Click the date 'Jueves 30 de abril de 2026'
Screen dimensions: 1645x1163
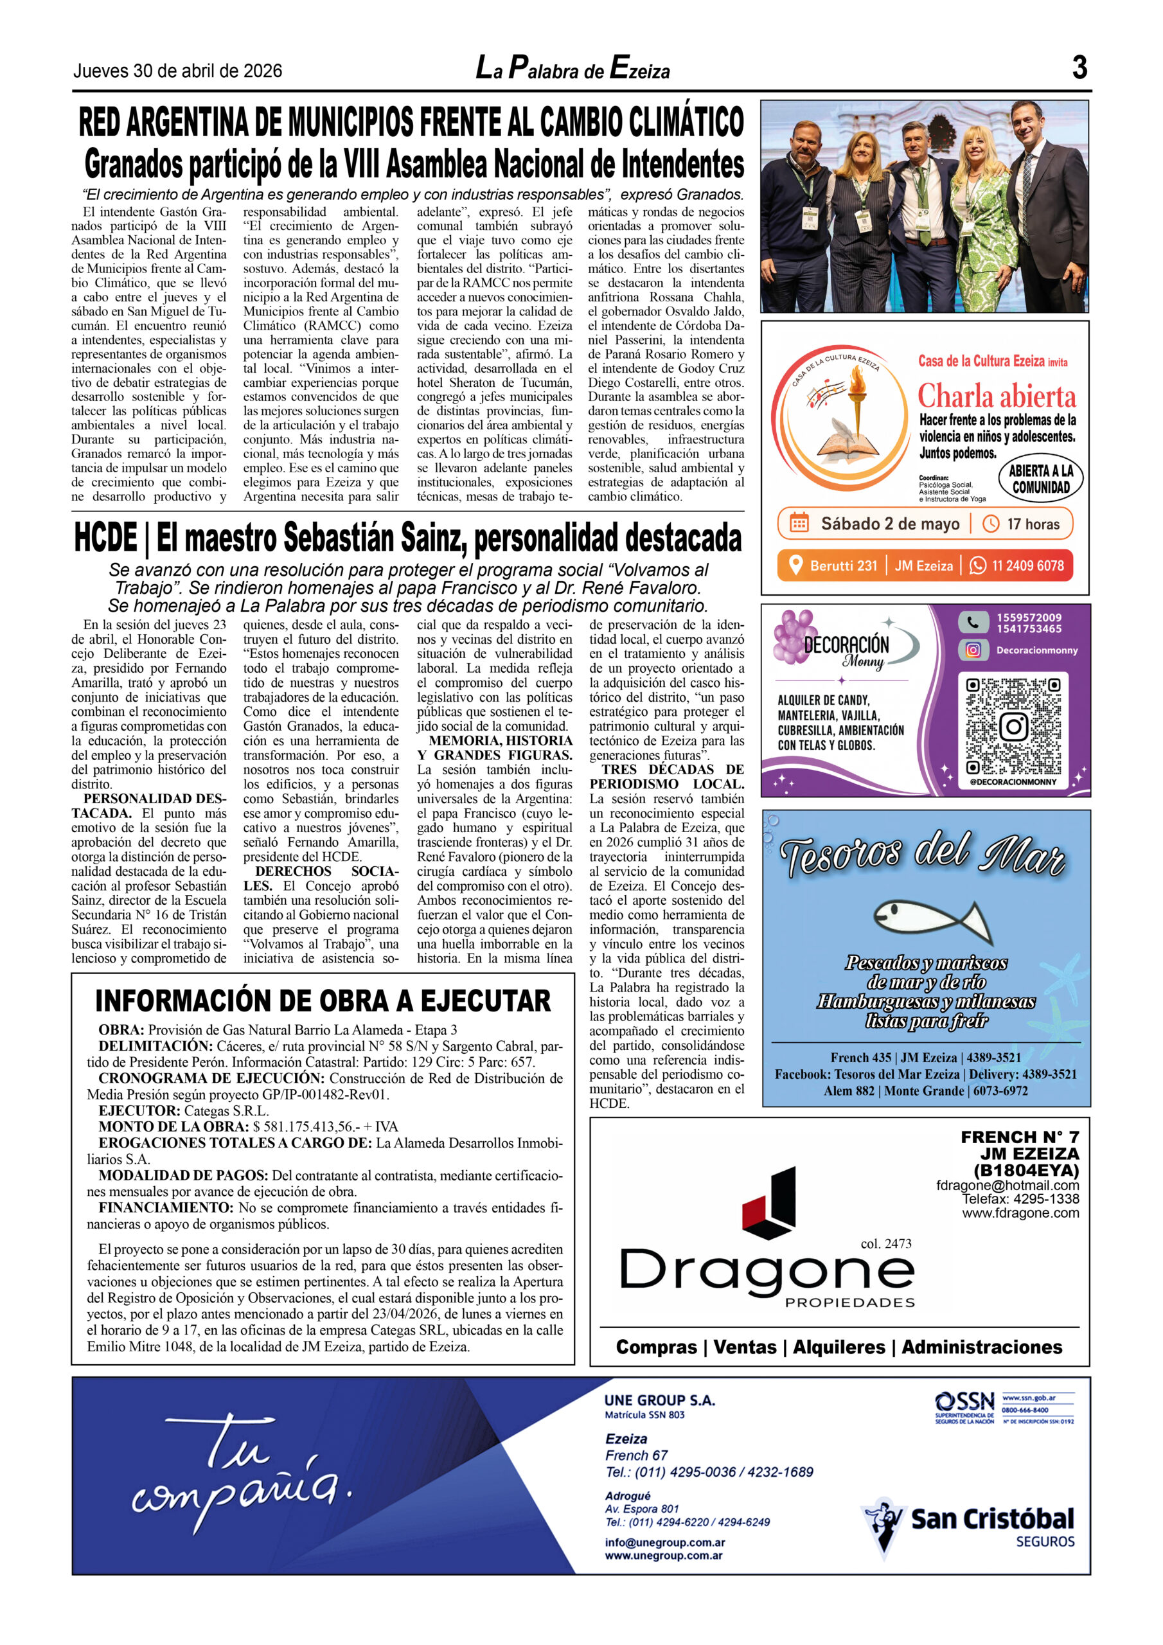(x=178, y=71)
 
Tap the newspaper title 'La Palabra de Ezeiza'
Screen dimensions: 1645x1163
(x=573, y=69)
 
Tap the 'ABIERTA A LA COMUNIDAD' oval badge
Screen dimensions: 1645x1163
(x=1040, y=479)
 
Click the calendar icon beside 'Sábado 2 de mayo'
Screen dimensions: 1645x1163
(x=798, y=523)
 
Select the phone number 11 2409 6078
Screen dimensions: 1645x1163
(x=1027, y=565)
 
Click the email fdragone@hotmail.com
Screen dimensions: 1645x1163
(x=1007, y=1185)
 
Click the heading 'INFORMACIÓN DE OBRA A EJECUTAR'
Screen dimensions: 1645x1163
(x=323, y=1000)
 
